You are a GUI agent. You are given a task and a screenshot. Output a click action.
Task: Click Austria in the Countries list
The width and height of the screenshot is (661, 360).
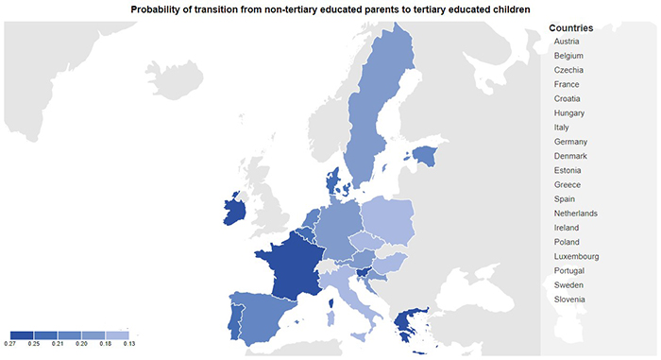[x=568, y=42]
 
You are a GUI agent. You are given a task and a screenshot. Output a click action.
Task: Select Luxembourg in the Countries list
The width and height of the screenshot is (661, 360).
[x=576, y=256]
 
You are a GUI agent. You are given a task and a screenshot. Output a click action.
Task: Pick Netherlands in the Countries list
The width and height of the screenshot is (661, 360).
[x=575, y=214]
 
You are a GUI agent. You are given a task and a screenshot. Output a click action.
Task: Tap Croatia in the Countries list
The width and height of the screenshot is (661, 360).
[x=568, y=99]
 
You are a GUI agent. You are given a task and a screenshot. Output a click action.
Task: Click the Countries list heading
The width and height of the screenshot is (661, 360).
[x=570, y=28]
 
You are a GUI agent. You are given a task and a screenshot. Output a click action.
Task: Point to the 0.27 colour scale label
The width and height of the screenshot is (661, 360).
[x=8, y=345]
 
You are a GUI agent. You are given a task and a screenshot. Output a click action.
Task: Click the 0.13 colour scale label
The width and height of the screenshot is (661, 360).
[x=129, y=345]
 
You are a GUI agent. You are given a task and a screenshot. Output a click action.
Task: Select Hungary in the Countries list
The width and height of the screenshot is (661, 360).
[x=569, y=113]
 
